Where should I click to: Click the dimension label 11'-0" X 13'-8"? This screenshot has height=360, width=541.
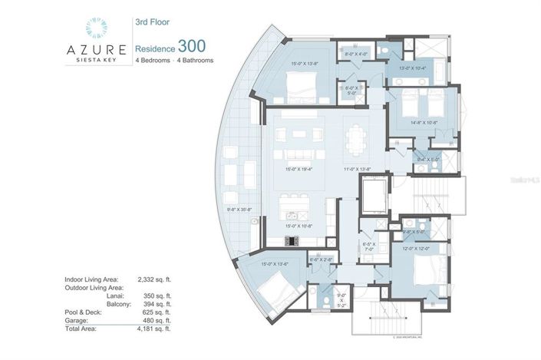[357, 168]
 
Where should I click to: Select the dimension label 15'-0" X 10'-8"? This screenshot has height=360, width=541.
[299, 225]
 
